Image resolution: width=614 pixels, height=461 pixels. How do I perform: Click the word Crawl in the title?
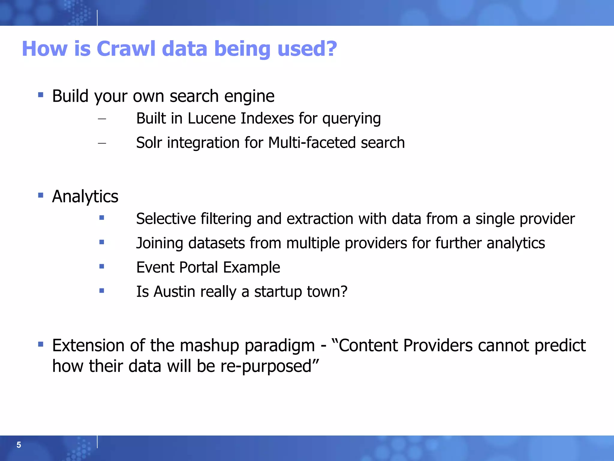click(126, 49)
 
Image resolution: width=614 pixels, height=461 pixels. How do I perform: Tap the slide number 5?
click(19, 445)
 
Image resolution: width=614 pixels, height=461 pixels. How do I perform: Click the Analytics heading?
click(85, 197)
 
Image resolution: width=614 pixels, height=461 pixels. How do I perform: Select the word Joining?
click(159, 243)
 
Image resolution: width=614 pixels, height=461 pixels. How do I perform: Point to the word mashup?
click(209, 345)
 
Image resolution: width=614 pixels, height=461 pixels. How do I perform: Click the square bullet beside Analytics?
click(41, 196)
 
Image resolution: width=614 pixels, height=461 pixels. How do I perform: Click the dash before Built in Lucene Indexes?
click(102, 119)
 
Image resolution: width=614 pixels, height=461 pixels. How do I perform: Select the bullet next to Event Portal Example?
click(102, 266)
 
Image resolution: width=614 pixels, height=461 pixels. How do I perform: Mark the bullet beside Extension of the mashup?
click(41, 344)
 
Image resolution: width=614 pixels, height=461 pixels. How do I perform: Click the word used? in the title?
click(307, 49)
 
